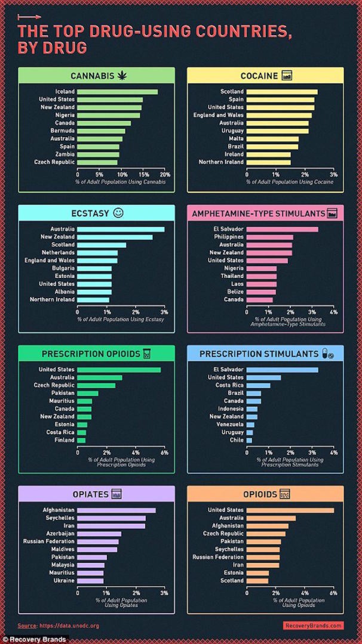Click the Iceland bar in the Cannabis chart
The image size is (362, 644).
(117, 92)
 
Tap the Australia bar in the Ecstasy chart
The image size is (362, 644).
(121, 229)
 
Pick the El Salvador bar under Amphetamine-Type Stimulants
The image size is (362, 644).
(282, 229)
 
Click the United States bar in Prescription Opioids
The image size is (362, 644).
(119, 370)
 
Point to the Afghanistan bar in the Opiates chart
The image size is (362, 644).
(116, 510)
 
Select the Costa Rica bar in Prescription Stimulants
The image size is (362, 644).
(258, 385)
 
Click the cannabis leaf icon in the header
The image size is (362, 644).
(122, 75)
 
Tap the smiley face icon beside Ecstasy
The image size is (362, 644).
(118, 213)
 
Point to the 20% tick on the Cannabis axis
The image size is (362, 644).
(165, 175)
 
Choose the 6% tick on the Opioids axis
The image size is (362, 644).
(333, 593)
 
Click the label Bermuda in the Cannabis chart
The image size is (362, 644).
(62, 131)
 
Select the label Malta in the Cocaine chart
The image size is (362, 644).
(235, 138)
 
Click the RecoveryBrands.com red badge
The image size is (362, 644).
(314, 626)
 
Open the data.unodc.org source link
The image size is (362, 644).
(69, 626)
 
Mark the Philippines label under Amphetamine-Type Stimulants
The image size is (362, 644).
(228, 237)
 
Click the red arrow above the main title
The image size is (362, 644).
(30, 17)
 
